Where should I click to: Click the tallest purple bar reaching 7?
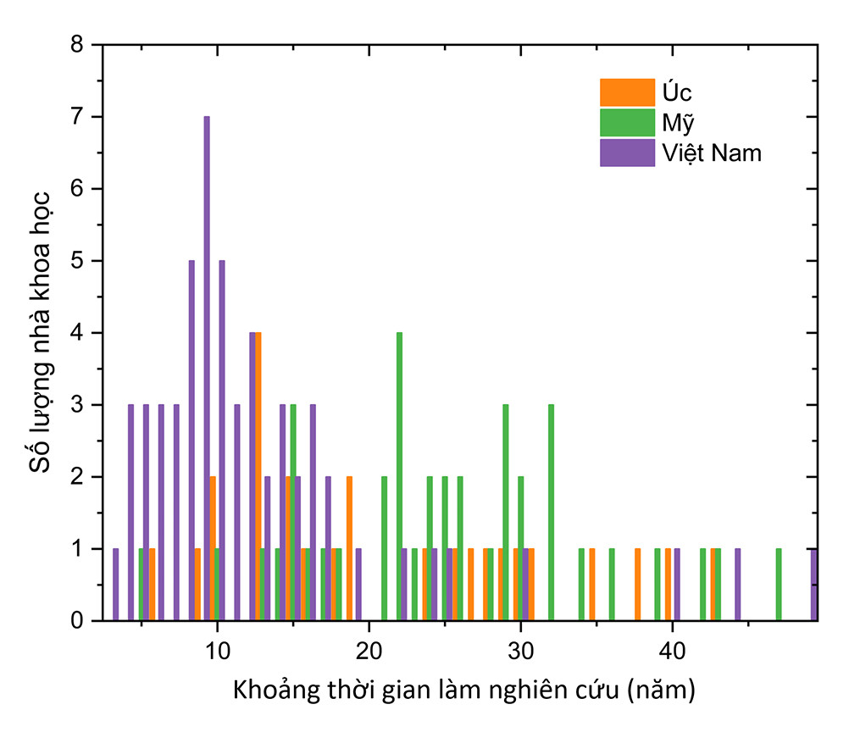pyautogui.click(x=207, y=369)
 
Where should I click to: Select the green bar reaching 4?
pyautogui.click(x=399, y=476)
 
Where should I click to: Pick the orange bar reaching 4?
pyautogui.click(x=258, y=476)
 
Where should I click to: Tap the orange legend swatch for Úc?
pyautogui.click(x=627, y=91)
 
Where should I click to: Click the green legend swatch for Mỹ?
pyautogui.click(x=627, y=122)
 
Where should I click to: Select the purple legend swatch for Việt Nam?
pyautogui.click(x=627, y=152)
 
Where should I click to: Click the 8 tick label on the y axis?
pyautogui.click(x=77, y=45)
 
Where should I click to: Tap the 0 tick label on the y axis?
pyautogui.click(x=77, y=621)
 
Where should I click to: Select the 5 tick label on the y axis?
pyautogui.click(x=77, y=261)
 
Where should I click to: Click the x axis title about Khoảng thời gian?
pyautogui.click(x=463, y=690)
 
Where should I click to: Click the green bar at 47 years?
pyautogui.click(x=779, y=585)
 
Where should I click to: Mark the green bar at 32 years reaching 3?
pyautogui.click(x=551, y=513)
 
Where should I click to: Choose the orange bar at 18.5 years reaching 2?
pyautogui.click(x=349, y=548)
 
